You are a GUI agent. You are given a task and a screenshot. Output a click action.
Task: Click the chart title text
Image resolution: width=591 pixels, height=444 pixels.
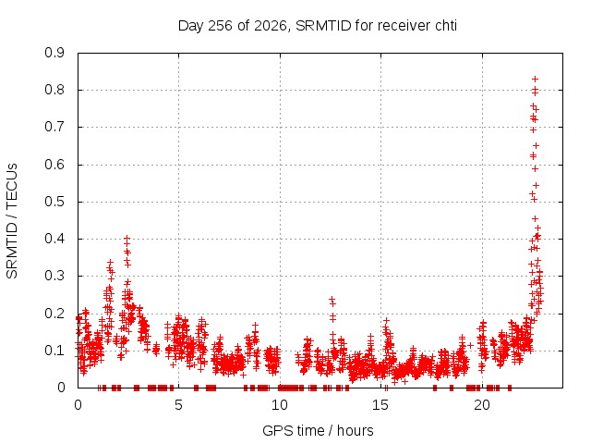tap(318, 26)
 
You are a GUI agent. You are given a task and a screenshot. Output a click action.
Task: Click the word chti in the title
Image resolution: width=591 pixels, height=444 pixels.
tap(446, 26)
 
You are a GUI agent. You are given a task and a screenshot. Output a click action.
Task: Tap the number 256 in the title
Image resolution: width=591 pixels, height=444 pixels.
tap(220, 26)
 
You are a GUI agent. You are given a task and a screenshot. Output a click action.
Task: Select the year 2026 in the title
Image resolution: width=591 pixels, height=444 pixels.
tap(271, 26)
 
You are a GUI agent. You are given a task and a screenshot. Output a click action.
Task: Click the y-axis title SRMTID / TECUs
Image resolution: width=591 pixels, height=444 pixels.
tap(12, 221)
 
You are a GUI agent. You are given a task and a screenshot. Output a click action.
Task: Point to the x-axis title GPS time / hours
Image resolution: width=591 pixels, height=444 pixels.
tap(318, 430)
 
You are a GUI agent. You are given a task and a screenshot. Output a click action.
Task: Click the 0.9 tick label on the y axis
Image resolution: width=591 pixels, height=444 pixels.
tap(54, 53)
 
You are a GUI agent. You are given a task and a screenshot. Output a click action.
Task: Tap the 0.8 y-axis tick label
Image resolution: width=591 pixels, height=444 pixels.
tap(54, 91)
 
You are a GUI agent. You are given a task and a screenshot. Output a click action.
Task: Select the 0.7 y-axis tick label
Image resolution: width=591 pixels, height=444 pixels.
tap(54, 128)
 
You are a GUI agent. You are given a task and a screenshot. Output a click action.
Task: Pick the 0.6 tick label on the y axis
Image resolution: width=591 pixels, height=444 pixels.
tap(54, 165)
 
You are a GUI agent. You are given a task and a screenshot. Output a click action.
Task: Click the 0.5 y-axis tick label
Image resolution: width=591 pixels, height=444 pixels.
tap(54, 202)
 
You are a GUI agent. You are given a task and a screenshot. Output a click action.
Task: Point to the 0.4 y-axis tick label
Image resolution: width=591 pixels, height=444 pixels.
tap(54, 239)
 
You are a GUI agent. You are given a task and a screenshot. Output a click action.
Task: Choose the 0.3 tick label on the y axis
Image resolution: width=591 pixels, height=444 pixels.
tap(54, 276)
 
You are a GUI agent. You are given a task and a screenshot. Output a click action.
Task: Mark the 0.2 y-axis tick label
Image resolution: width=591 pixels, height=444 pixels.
tap(54, 314)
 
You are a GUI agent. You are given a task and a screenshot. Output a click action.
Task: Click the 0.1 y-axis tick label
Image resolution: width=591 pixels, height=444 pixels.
tap(54, 351)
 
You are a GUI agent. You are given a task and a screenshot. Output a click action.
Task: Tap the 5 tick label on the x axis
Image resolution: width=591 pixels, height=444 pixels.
tap(178, 405)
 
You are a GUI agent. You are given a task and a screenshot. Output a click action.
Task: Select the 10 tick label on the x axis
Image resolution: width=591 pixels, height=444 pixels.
tap(280, 405)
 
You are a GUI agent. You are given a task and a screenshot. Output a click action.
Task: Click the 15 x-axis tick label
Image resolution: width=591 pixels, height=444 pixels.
tap(380, 405)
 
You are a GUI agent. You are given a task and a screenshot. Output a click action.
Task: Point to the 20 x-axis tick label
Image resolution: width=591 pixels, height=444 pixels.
tap(482, 405)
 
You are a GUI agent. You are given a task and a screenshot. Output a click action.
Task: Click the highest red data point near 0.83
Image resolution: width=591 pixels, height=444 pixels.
tap(535, 79)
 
